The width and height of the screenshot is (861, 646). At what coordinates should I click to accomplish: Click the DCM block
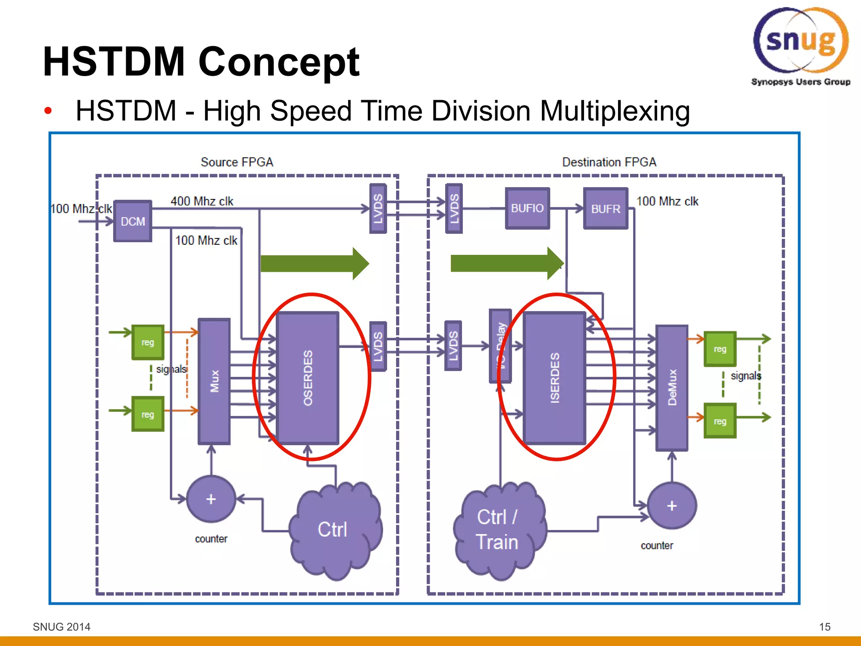[132, 221]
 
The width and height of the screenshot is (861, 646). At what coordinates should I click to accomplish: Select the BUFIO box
[527, 208]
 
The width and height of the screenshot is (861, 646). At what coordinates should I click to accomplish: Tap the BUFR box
[605, 209]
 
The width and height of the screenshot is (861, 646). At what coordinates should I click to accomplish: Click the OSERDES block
[308, 378]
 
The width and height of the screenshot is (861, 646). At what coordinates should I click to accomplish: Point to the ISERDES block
[555, 378]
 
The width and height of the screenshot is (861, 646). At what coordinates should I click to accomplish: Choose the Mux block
[214, 381]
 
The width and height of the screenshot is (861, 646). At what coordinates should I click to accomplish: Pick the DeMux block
[672, 387]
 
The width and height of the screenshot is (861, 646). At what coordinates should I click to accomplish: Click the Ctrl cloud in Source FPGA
[334, 530]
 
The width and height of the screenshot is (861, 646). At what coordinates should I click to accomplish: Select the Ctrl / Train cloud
[498, 530]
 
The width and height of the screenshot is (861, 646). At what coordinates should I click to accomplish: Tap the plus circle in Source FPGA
[211, 499]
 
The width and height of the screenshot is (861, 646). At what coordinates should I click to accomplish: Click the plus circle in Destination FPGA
[672, 506]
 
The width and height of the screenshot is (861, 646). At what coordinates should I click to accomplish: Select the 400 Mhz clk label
[202, 201]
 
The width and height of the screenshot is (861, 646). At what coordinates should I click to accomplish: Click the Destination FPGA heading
[609, 162]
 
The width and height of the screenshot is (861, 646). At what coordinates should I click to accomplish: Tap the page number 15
[824, 627]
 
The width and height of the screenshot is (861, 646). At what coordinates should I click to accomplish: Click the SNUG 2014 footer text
[61, 627]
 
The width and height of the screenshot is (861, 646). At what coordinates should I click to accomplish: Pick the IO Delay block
[500, 346]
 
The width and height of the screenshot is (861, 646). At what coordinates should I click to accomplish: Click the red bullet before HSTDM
[48, 111]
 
